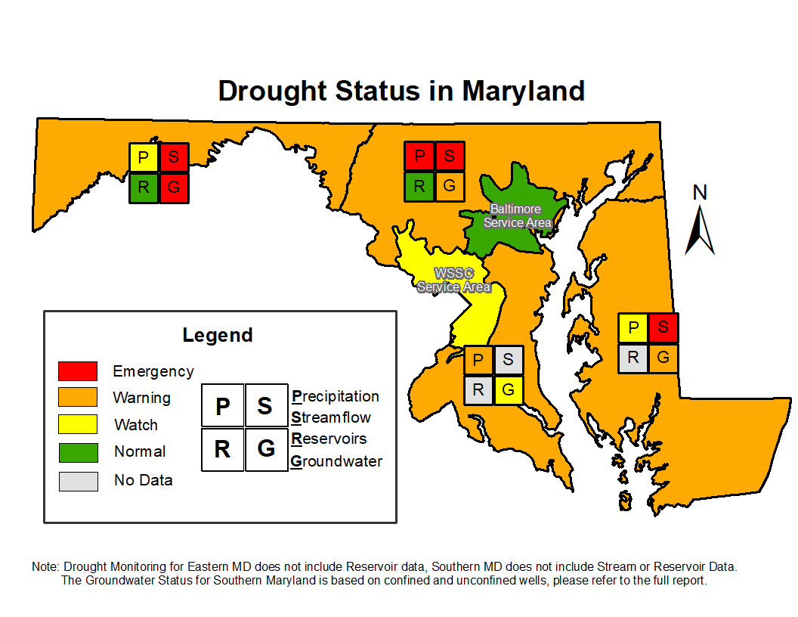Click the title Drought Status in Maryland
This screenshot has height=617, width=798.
coord(401,91)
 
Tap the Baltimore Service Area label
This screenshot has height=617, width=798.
coord(517,215)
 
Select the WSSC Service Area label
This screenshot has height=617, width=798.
coord(453,280)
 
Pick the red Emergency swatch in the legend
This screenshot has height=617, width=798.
coord(78,371)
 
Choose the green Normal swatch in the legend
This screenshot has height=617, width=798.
coord(78,452)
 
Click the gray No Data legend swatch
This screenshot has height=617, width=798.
coord(78,481)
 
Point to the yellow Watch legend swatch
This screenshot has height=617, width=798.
coord(78,424)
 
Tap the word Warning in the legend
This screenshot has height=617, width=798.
coord(141,398)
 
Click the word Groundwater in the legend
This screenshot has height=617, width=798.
coord(336,461)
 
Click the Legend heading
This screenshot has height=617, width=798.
coord(218,335)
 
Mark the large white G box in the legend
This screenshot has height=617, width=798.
coord(267,449)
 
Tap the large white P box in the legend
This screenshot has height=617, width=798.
coord(223,405)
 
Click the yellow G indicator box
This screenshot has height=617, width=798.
coord(509,390)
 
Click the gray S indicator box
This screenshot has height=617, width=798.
coord(509,360)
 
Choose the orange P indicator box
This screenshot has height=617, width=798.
coord(478,360)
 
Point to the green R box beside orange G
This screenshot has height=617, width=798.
coord(419,187)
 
